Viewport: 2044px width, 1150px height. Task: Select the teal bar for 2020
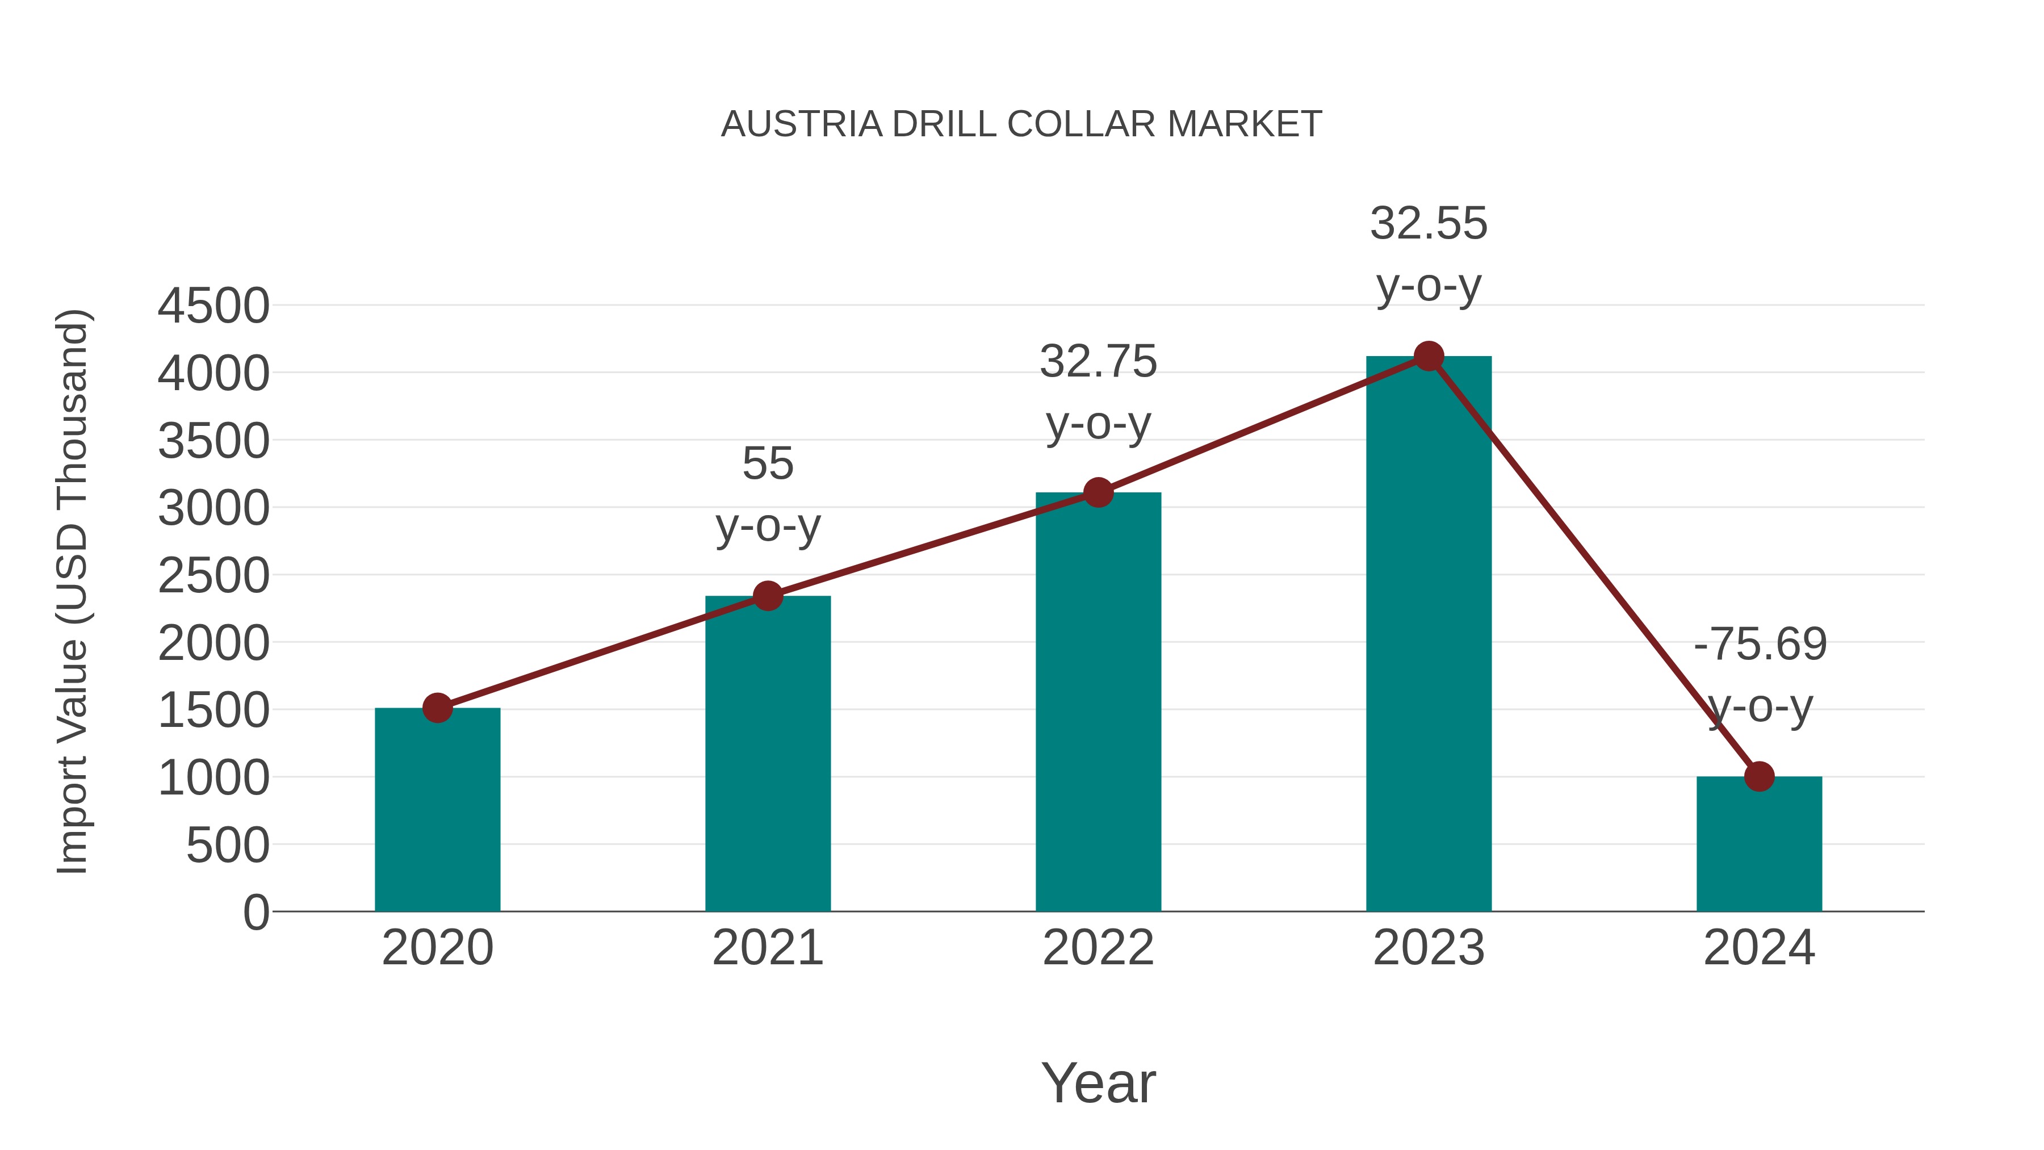point(437,809)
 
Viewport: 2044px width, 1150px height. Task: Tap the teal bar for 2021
point(767,754)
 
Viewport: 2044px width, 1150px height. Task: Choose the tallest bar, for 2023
point(1429,635)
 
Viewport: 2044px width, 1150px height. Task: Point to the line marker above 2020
point(437,708)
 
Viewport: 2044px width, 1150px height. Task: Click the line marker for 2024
point(1758,776)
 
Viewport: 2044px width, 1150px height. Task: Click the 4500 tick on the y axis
point(213,306)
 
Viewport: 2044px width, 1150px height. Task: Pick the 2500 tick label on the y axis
point(213,576)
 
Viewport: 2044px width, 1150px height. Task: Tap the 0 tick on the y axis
point(256,913)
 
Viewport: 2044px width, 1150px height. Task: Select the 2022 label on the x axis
point(1098,948)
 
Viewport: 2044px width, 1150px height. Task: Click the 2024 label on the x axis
point(1758,948)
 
